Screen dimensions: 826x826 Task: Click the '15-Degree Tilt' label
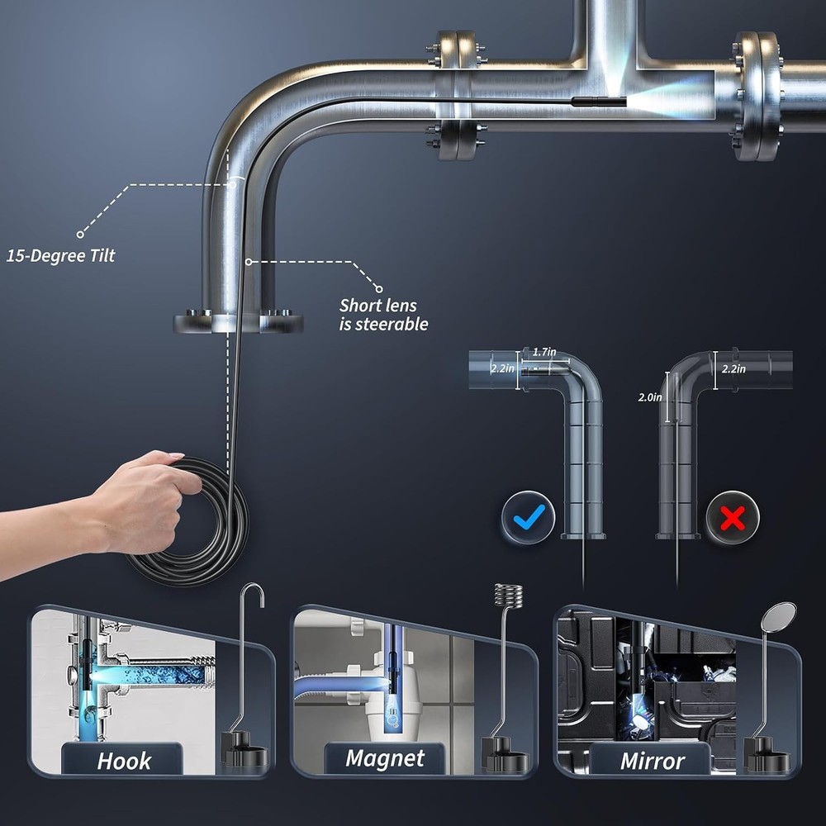tap(61, 255)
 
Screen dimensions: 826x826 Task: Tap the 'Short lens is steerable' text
tap(383, 315)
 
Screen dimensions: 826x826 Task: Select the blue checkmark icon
tap(528, 517)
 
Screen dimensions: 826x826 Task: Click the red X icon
tap(732, 517)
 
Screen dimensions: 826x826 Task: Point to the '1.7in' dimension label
tap(544, 353)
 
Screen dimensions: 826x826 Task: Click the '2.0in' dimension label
tap(651, 397)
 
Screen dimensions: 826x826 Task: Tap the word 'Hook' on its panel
tap(124, 760)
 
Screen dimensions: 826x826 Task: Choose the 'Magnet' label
tap(385, 758)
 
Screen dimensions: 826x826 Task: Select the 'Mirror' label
tap(653, 760)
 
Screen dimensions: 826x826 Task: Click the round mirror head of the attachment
tap(781, 615)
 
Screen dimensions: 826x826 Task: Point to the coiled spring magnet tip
tap(509, 596)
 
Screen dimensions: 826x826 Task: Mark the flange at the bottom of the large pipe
tap(238, 321)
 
